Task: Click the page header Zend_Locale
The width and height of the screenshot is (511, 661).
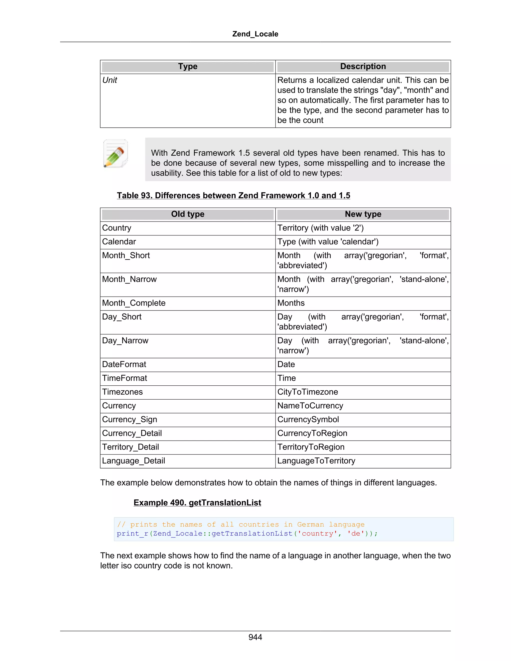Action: coord(255,34)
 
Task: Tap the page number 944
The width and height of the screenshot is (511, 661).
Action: coord(255,637)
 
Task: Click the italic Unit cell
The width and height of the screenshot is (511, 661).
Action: coord(110,80)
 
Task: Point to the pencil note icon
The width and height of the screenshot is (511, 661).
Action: coord(115,153)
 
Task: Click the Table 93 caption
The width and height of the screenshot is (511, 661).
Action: coord(233,196)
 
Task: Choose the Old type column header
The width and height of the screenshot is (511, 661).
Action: coord(188,214)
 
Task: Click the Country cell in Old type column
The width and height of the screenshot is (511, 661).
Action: coord(117,228)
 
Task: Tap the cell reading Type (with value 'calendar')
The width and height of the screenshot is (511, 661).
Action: coord(328,241)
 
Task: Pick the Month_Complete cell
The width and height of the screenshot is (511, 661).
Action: coord(134,303)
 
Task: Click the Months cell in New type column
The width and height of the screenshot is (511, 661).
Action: coord(291,303)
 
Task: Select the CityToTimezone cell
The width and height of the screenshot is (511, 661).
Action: coord(308,392)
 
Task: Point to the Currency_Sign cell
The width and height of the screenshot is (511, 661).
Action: coord(129,420)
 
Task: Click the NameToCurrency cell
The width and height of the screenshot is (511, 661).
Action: coord(310,406)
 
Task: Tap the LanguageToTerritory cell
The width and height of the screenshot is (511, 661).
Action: coord(316,461)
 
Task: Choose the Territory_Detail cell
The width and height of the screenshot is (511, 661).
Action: coord(130,447)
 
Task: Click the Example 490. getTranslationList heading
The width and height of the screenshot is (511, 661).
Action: coord(197,503)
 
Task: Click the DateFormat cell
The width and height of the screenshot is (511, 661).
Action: coord(124,364)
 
